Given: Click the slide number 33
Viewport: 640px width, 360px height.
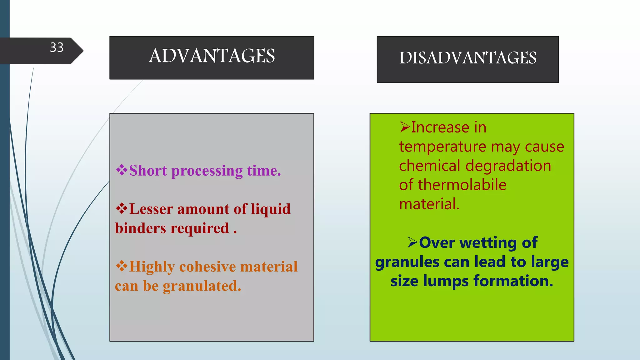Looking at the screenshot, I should [x=57, y=47].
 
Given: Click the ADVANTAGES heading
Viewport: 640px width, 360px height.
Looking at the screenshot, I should [x=212, y=56].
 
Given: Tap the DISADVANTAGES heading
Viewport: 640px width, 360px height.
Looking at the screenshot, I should [x=467, y=58].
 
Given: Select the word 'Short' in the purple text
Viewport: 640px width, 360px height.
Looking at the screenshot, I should [x=148, y=171].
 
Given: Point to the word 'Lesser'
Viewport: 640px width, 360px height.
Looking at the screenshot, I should [x=151, y=209].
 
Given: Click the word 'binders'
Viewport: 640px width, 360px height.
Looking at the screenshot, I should [x=140, y=228].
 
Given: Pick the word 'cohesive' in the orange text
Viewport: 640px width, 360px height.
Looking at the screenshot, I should [x=207, y=267].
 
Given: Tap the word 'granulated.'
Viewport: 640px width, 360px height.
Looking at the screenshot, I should [x=202, y=286].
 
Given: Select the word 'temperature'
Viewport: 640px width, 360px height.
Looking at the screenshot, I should [x=442, y=147].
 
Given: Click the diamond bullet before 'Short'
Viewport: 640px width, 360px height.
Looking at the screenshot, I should [x=122, y=170].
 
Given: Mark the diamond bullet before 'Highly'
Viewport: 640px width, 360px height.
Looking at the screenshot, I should [x=122, y=266].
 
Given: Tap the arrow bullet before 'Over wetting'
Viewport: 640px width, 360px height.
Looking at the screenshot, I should [x=412, y=242].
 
